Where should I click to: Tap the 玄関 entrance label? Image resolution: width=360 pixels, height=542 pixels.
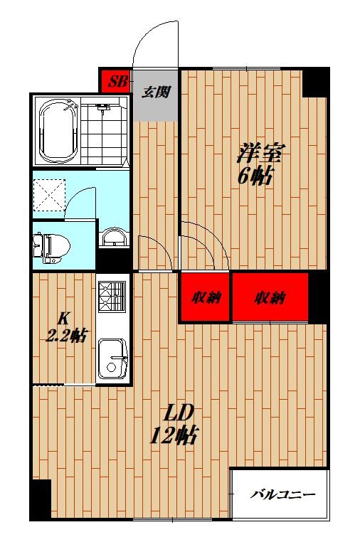click(x=156, y=92)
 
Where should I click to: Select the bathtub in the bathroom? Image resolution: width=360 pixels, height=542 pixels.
click(x=56, y=132)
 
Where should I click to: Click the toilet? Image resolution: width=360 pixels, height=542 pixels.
click(x=53, y=245)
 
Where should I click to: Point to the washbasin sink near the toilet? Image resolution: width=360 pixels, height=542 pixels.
click(x=112, y=238)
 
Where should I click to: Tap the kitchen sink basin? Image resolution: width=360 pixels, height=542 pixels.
click(x=111, y=358)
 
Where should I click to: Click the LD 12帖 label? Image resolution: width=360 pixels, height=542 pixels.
click(x=174, y=424)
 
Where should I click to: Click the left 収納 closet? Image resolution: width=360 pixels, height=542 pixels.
click(x=204, y=298)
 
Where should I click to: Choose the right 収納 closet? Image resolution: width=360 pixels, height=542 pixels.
click(x=270, y=298)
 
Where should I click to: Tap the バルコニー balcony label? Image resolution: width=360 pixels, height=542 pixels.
click(x=282, y=495)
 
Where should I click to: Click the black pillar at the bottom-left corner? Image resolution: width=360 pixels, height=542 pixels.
click(x=40, y=498)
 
